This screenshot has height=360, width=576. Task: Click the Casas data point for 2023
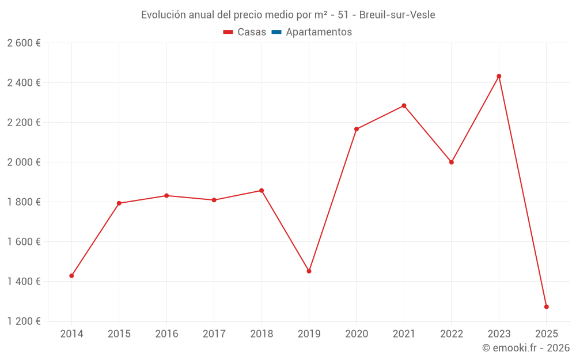(x=499, y=76)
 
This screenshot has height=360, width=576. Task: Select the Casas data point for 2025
(x=546, y=306)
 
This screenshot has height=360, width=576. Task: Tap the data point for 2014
(x=71, y=276)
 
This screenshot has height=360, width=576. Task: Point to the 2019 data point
(x=309, y=271)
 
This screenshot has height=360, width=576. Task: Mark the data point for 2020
(x=357, y=129)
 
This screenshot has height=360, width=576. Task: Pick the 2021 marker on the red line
(x=404, y=105)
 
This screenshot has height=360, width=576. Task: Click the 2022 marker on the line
(x=452, y=162)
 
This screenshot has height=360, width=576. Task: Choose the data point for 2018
(x=262, y=191)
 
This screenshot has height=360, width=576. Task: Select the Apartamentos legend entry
(x=319, y=32)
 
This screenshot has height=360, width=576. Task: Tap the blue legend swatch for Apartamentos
(x=276, y=32)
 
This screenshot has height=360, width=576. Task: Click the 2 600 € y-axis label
(x=24, y=43)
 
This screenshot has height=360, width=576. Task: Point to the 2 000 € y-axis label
(x=24, y=162)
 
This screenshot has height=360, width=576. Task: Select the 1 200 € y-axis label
(x=24, y=321)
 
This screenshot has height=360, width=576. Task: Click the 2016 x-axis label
(x=166, y=334)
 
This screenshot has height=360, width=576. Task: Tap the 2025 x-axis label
(x=546, y=334)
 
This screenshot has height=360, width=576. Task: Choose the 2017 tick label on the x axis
(x=214, y=334)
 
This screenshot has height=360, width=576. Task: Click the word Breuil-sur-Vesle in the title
(x=397, y=14)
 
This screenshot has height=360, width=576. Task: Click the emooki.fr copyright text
(x=526, y=348)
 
